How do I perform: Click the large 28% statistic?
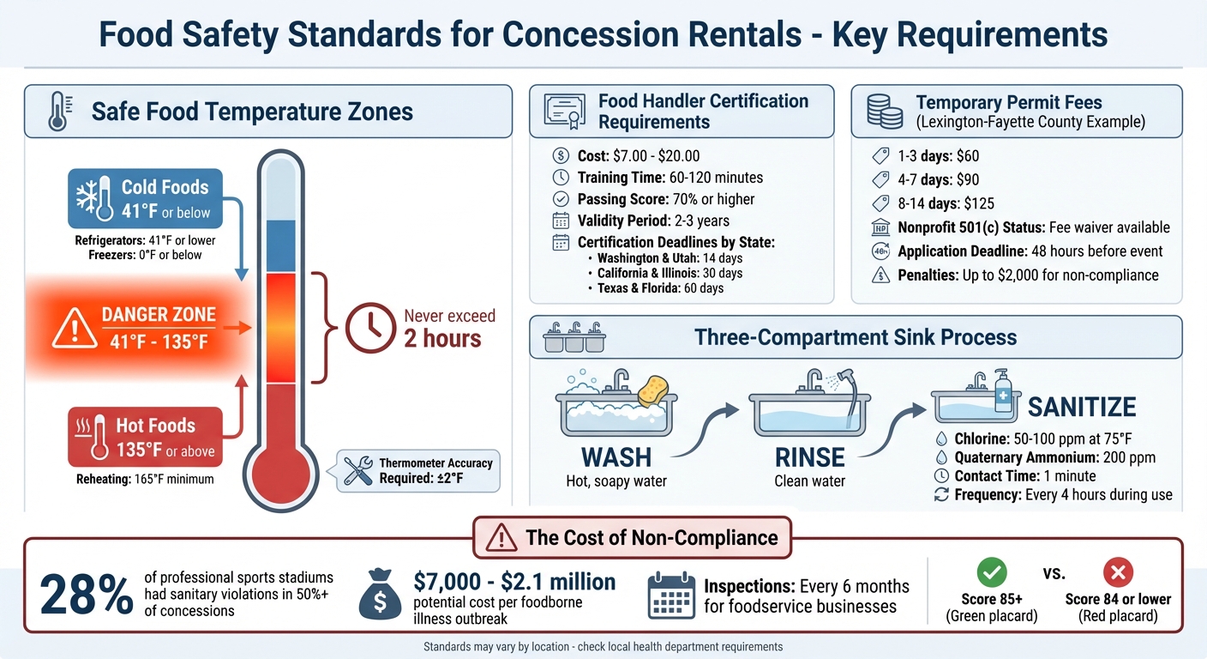point(86,595)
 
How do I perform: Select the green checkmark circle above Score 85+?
point(992,571)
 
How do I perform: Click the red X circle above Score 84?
point(1118,571)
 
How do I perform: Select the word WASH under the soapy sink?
point(616,456)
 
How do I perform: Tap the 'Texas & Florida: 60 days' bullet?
point(660,288)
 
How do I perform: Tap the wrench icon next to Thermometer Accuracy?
point(357,470)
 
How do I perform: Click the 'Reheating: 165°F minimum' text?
point(144,479)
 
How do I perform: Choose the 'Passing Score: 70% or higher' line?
point(666,199)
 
